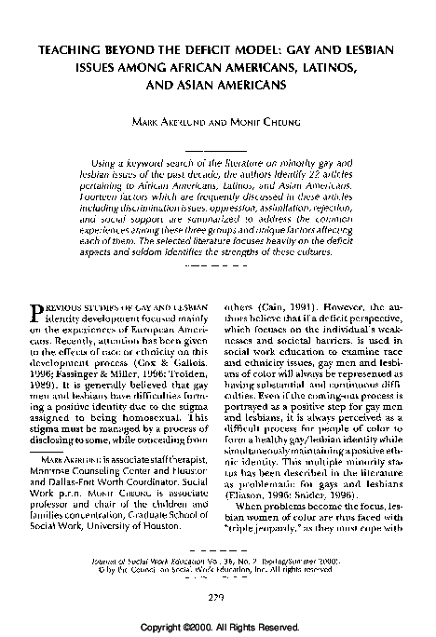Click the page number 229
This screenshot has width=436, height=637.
coord(217,599)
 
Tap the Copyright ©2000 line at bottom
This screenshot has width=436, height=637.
coord(217,628)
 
